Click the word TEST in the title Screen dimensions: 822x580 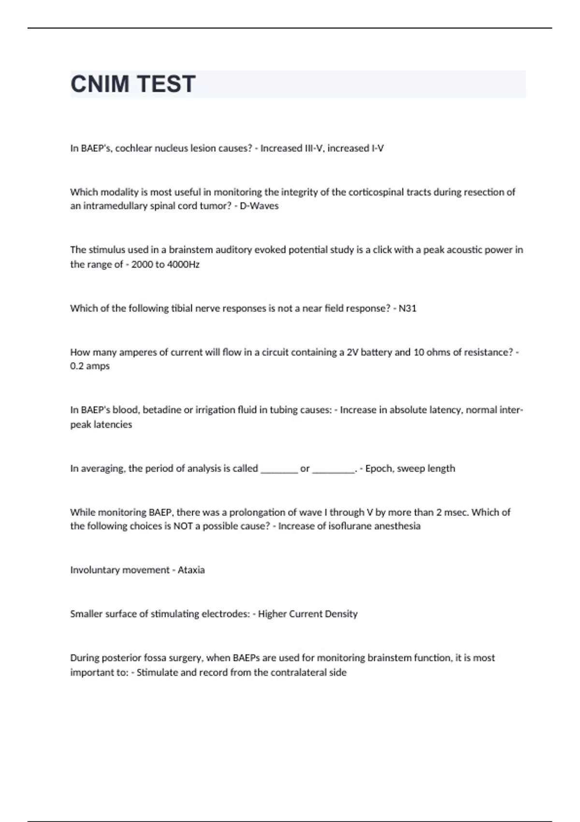(165, 84)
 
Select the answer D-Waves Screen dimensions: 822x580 (259, 206)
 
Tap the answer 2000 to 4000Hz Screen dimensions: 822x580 (165, 264)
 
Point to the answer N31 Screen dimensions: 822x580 (407, 308)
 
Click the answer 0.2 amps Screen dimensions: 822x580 (90, 366)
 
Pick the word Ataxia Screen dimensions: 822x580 (191, 570)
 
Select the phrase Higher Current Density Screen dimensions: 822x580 (308, 614)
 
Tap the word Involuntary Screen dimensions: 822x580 (93, 570)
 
